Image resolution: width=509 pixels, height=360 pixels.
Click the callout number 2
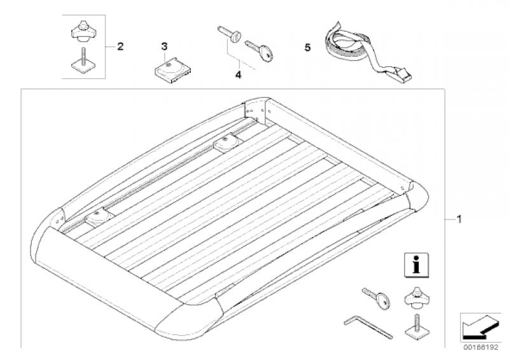[120, 46]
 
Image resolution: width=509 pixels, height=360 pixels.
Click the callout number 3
[164, 46]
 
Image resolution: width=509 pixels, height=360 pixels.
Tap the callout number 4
[238, 75]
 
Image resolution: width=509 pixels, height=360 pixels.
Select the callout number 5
[307, 48]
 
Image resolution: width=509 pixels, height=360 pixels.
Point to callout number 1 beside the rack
[459, 219]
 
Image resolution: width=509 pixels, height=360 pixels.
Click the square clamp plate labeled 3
[172, 70]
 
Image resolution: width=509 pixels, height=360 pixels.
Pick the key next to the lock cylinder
[259, 51]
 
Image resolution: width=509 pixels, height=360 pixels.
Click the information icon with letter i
[416, 265]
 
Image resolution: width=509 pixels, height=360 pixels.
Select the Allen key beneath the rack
[368, 327]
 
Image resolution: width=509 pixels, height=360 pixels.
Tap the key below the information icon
[377, 298]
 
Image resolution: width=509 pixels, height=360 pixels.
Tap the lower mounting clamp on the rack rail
[99, 217]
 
